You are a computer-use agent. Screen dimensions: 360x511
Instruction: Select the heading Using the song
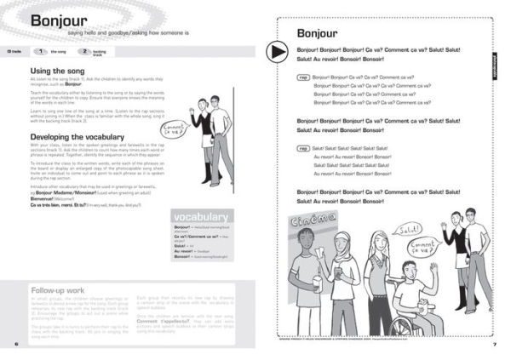point(56,71)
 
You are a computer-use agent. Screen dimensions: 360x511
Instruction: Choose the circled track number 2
point(84,52)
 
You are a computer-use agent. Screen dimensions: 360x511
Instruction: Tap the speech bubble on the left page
point(173,131)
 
